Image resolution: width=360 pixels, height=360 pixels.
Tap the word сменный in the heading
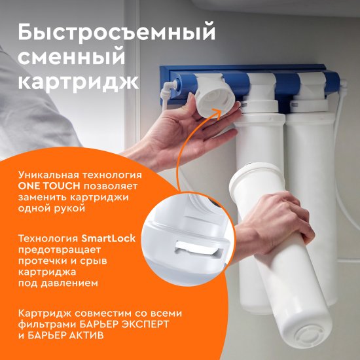pyautogui.click(x=71, y=58)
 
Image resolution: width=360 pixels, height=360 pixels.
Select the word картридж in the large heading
pyautogui.click(x=78, y=84)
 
